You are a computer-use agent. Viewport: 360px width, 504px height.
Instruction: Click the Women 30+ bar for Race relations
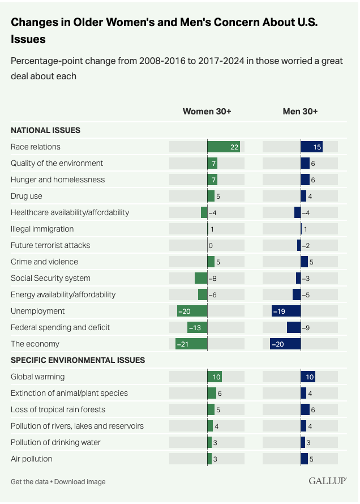point(224,147)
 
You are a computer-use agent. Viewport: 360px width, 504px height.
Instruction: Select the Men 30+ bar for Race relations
point(311,147)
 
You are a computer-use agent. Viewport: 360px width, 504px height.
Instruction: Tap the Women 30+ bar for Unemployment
point(192,311)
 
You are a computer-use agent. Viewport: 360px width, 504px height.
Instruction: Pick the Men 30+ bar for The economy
point(285,344)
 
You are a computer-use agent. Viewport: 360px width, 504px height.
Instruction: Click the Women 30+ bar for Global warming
point(215,377)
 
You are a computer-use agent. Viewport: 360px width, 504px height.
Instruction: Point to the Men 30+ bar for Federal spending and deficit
point(294,327)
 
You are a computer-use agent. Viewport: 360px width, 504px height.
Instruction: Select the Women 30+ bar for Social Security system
point(201,278)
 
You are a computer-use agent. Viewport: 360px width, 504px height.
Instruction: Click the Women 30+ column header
point(207,112)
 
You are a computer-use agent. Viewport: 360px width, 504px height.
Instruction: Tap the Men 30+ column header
point(300,112)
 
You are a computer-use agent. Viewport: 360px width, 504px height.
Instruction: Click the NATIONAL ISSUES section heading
point(46,130)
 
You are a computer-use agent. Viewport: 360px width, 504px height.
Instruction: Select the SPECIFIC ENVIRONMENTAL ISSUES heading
point(78,360)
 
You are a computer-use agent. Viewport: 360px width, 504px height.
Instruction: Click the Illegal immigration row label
point(42,229)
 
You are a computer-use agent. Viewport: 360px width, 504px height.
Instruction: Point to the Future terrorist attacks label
point(50,245)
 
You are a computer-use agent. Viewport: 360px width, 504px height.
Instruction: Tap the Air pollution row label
point(32,459)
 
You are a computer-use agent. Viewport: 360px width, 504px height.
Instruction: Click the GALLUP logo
point(328,481)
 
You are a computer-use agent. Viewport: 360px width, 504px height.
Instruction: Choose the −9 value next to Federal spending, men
point(306,327)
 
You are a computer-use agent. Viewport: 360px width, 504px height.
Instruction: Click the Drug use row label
point(27,196)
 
